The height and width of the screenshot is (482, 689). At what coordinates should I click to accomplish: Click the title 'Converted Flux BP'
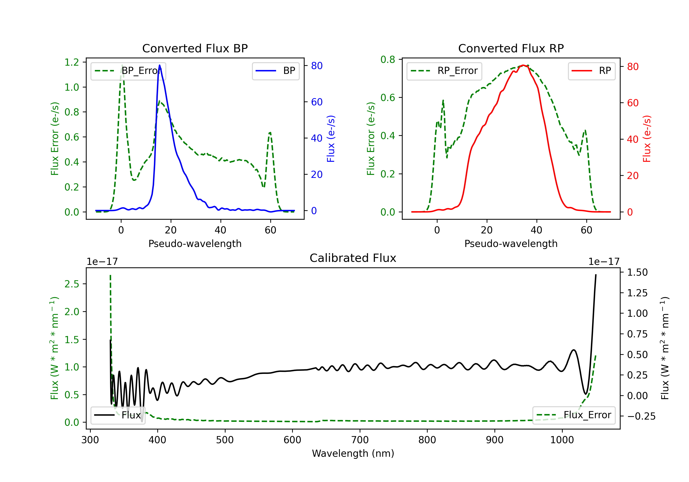tap(195, 48)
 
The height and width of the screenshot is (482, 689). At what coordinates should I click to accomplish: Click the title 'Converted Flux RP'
tap(511, 48)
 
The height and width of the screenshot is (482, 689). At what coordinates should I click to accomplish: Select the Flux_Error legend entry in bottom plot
tap(574, 415)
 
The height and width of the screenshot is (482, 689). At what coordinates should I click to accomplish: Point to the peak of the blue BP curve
tap(160, 65)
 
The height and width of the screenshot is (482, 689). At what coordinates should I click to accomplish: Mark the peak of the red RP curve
tap(523, 65)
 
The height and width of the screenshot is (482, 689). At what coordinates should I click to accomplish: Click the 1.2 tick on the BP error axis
tap(72, 62)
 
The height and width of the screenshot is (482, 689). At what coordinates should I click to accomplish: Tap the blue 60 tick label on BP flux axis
tap(316, 102)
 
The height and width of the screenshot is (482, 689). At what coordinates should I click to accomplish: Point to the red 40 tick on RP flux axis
tap(633, 139)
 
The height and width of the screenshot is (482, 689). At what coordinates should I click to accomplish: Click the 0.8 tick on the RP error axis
tap(388, 59)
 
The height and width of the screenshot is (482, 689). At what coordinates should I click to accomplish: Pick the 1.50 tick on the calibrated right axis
tap(637, 272)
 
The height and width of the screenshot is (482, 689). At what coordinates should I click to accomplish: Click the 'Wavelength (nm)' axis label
tap(353, 453)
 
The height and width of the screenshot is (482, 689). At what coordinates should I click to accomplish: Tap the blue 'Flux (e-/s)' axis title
tap(331, 139)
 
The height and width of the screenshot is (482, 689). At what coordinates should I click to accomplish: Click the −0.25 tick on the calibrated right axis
tap(641, 416)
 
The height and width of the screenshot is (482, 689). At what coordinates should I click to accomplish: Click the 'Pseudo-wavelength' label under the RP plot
tap(511, 244)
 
